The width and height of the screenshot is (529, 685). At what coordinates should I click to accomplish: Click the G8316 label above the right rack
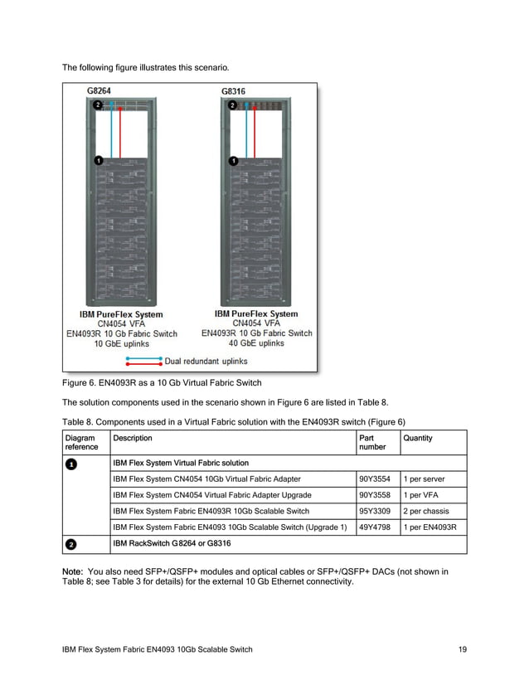tap(233, 90)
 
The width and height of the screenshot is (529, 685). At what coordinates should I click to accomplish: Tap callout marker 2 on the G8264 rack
tap(98, 105)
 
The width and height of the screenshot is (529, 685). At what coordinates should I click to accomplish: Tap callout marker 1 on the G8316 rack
tap(233, 160)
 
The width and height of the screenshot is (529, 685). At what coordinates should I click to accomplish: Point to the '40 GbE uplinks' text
tap(256, 342)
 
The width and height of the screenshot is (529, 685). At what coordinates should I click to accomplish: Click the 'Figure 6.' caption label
tap(81, 382)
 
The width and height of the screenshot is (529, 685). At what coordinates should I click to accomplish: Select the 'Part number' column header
tap(371, 442)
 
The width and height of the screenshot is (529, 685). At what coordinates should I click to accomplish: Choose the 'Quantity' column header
tap(417, 438)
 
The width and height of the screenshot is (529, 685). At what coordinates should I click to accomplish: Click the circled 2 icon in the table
tap(71, 544)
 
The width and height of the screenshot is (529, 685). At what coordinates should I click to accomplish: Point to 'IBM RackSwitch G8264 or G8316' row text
tap(172, 544)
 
